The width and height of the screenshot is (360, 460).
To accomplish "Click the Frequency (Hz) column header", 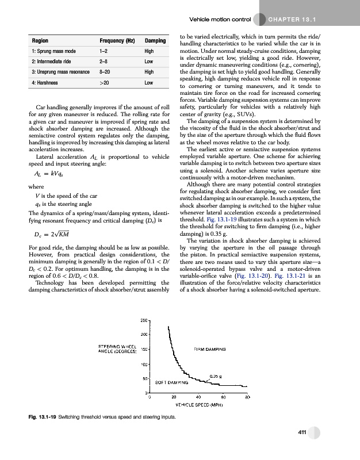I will [x=117, y=42].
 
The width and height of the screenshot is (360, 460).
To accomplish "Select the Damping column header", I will [x=155, y=42].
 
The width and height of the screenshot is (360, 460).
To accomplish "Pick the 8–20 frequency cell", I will [x=105, y=72].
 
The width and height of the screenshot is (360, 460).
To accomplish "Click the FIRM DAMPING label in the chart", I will [x=209, y=349].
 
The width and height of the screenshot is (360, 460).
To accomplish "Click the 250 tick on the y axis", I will [x=145, y=320].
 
